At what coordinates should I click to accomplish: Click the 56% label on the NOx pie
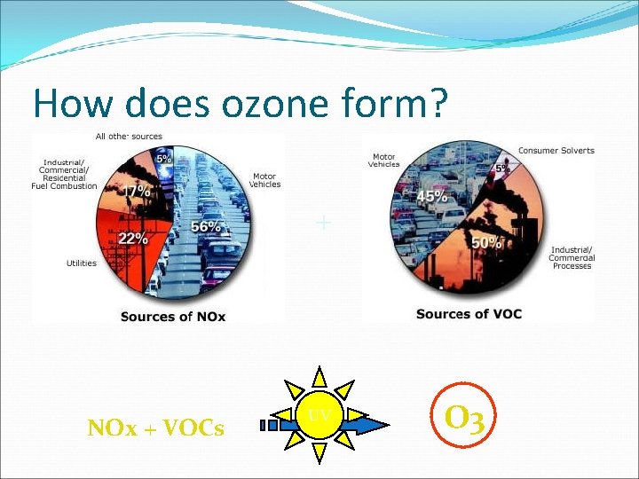206,227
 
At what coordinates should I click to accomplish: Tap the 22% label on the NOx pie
132,239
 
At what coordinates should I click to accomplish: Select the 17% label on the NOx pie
136,190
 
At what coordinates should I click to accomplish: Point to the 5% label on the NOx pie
164,158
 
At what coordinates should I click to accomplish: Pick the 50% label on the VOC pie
487,242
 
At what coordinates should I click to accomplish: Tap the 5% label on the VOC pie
502,168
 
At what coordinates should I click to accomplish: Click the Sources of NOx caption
173,317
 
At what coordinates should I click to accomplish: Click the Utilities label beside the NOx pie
81,263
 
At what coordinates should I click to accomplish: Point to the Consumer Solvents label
556,151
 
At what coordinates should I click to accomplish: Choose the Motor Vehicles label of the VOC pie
384,161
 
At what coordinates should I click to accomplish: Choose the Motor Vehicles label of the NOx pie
265,180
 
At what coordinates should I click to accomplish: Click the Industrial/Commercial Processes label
572,258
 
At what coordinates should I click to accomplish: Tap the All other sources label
129,137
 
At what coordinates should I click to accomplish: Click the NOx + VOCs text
155,429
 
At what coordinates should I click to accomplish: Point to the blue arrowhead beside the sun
376,425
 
